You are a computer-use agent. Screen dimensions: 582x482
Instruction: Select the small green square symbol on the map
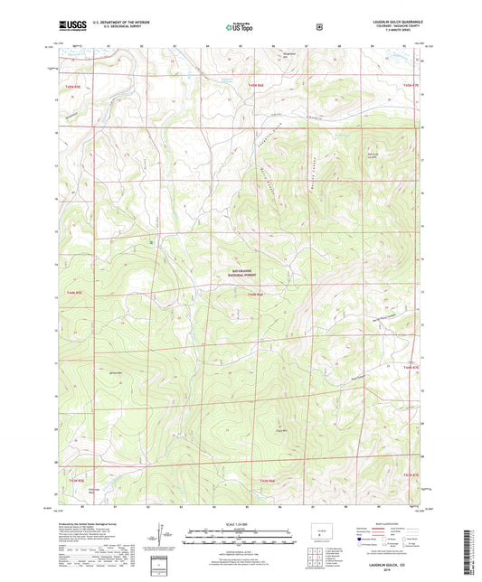pyautogui.click(x=151, y=241)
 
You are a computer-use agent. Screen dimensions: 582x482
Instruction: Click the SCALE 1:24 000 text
pyautogui.click(x=240, y=523)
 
